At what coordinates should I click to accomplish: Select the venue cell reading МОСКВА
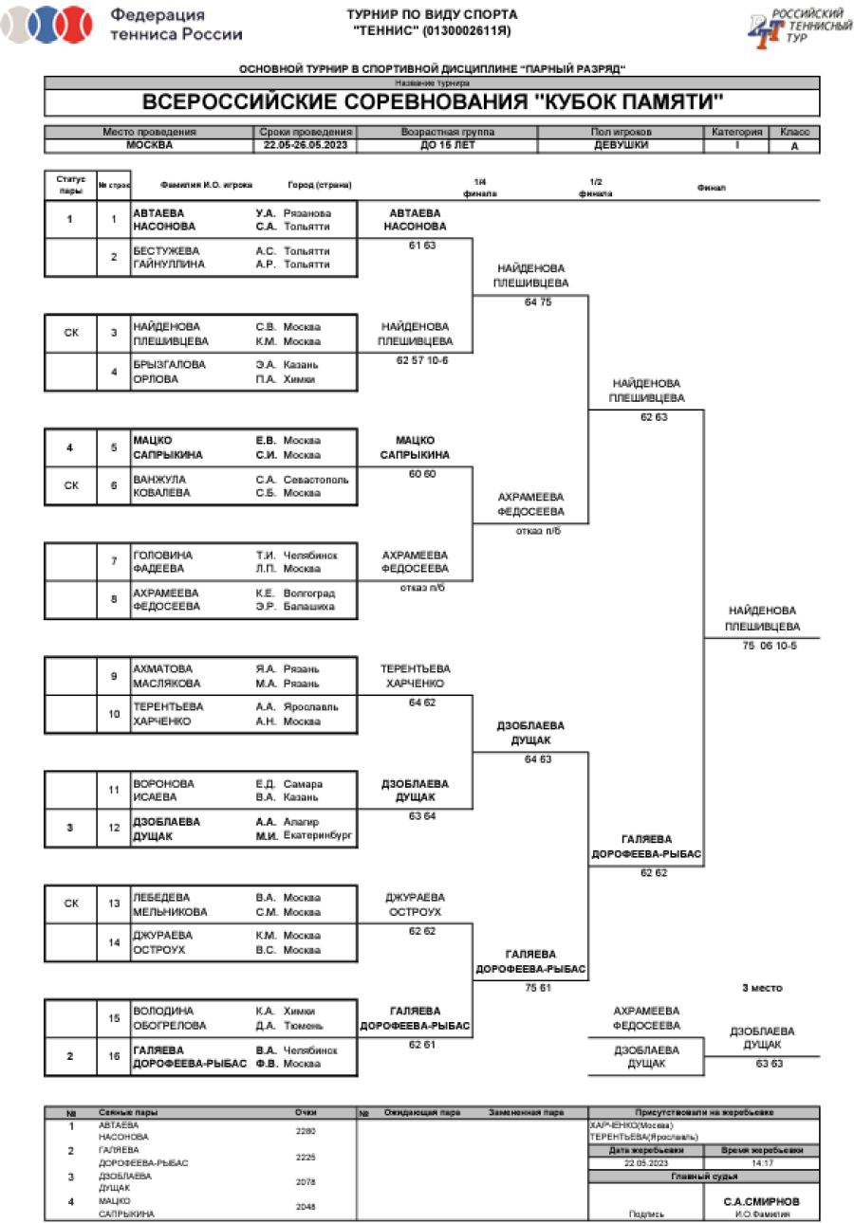point(149,146)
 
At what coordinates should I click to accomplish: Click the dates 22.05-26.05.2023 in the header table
point(306,146)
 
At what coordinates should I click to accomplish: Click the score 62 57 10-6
point(416,361)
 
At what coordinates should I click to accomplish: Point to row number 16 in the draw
point(114,1056)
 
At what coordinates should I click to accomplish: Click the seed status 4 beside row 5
point(69,447)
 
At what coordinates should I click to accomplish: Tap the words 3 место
point(762,988)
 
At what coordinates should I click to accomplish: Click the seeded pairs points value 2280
point(306,1131)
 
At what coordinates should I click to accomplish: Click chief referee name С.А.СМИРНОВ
point(761,1199)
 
